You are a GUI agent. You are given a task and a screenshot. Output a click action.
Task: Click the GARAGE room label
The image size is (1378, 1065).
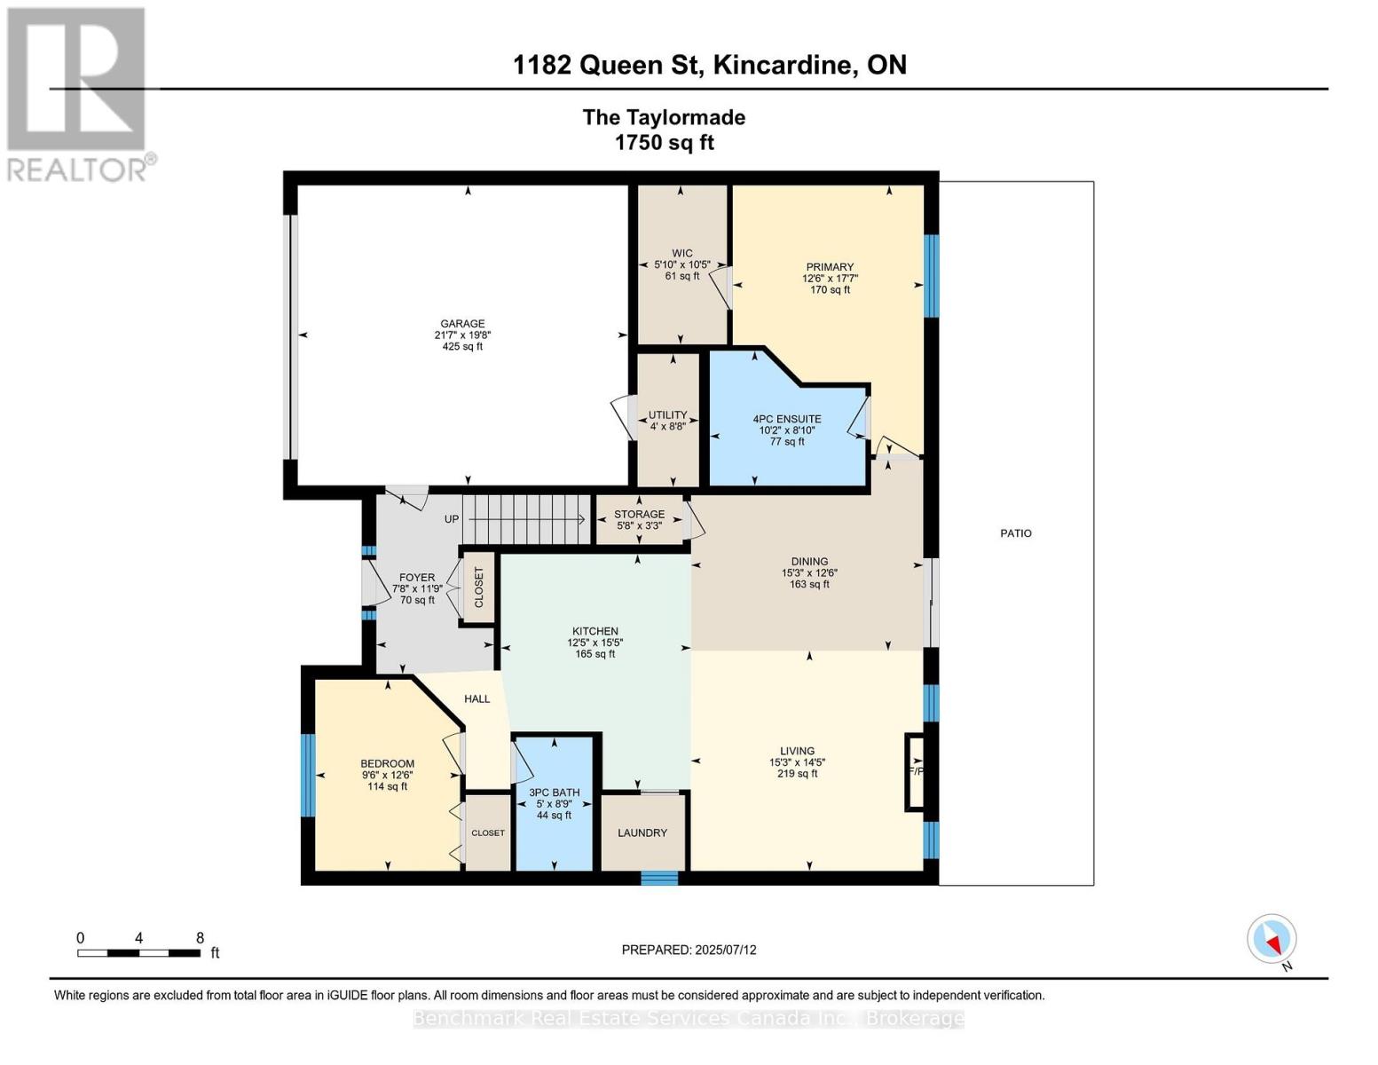tap(462, 323)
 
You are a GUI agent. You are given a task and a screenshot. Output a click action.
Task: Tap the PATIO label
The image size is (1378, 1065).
tap(1015, 532)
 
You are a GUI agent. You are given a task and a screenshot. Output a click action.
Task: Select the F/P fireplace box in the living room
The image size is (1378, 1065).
tap(915, 771)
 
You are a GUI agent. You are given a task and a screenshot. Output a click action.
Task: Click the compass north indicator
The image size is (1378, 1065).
tap(1272, 939)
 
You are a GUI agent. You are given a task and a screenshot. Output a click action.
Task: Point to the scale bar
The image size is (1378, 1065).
tap(139, 952)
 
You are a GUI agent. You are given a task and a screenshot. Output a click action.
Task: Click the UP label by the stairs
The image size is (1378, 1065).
tap(451, 519)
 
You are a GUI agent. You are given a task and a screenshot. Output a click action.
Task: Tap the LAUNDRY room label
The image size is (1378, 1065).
tap(642, 832)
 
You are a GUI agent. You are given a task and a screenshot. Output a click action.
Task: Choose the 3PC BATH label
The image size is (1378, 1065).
tap(554, 793)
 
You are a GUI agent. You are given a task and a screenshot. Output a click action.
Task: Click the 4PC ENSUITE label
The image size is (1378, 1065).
tap(786, 419)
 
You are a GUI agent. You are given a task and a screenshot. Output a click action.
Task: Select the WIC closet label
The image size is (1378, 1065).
tap(681, 253)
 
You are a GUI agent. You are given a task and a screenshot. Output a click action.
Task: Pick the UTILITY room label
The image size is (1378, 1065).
tap(667, 414)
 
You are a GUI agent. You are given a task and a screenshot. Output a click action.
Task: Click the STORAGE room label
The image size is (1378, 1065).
tap(639, 514)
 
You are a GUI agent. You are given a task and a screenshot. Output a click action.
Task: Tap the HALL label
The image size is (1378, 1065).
tap(476, 698)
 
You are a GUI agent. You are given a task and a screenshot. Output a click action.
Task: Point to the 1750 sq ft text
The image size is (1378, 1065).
tap(664, 142)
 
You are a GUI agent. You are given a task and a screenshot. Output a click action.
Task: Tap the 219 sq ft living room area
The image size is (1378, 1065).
tap(797, 773)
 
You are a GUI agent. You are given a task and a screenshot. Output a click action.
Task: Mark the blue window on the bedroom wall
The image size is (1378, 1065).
tap(307, 775)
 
